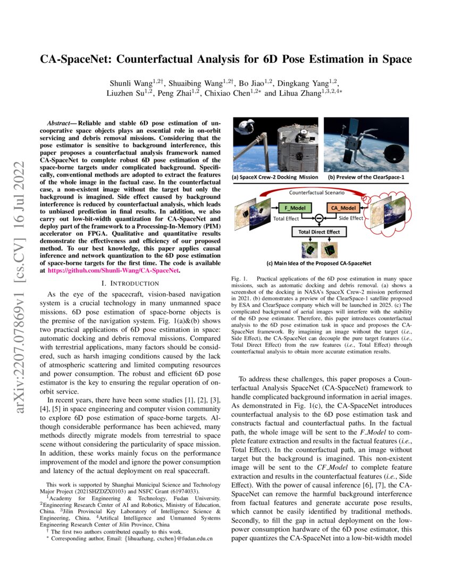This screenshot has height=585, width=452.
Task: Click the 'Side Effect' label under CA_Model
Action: click(351, 218)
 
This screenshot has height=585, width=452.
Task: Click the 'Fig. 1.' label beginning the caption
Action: click(241, 279)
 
